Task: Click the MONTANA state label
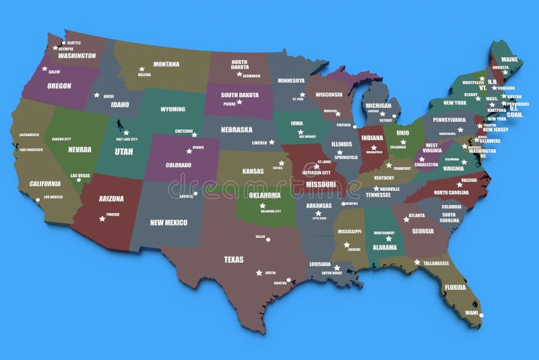pos(166,65)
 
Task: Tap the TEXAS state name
pos(234,259)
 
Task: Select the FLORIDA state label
pos(455,287)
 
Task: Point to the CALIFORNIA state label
pos(45,183)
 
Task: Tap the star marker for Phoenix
pos(102,218)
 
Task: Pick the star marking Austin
pos(259,272)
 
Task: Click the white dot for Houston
pos(289,280)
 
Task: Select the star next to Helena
pos(141,68)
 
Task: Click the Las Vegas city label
pos(80,176)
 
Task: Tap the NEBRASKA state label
pos(236,129)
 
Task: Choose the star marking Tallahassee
pos(417,262)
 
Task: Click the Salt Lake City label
pos(125,139)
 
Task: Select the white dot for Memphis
pos(343,203)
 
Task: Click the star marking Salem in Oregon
pos(45,69)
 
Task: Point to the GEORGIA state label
pos(423,231)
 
